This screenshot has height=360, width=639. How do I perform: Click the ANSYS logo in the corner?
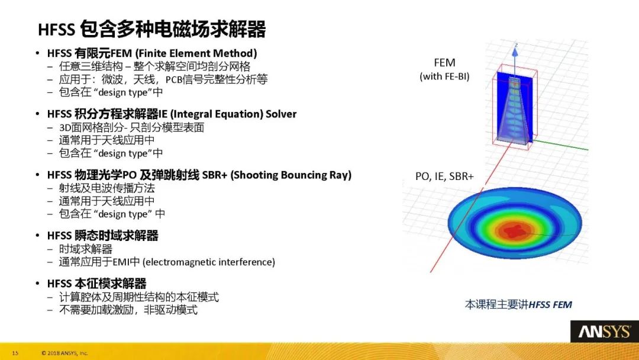coord(604,332)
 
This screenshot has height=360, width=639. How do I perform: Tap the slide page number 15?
coord(15,353)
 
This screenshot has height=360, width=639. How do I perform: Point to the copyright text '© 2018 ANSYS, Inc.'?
coord(64,353)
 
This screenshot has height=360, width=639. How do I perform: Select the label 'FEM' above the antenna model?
coord(444,63)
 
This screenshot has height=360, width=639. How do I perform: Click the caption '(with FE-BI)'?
coord(444,76)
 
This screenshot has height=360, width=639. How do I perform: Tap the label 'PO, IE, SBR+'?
coord(444,175)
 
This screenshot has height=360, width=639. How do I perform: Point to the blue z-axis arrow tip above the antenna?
coord(515,47)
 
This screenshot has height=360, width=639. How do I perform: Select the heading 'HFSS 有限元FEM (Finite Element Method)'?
coord(152,52)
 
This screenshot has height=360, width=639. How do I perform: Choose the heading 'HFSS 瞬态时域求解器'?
coord(102,236)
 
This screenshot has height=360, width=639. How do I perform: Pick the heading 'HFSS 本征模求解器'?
coord(96,284)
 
